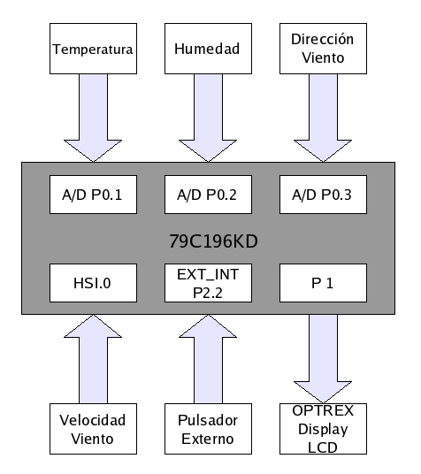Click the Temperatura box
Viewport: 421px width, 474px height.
(93, 49)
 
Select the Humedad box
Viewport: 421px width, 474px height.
(208, 49)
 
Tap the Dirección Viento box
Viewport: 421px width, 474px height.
(323, 49)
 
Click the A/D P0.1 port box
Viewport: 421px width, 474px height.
(93, 195)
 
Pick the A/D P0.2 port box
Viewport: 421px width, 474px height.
(208, 195)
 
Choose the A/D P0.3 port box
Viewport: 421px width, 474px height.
(323, 195)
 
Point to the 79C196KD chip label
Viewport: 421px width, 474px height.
(213, 241)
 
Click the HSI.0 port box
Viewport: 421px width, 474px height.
(93, 283)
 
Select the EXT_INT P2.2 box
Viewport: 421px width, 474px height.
(208, 283)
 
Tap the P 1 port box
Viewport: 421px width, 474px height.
(323, 283)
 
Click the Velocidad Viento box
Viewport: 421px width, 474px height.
(93, 429)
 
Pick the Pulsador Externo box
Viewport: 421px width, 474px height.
(208, 429)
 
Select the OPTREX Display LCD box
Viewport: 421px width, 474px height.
(323, 429)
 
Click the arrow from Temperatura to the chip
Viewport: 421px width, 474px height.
(93, 118)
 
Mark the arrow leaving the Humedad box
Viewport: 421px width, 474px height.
(208, 118)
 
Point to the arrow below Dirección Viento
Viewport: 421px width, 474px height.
(323, 118)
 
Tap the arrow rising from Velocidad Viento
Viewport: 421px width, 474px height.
(93, 359)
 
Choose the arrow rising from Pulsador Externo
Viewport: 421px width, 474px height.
(208, 359)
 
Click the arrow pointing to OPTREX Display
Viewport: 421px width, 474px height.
(323, 359)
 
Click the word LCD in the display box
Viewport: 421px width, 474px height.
(323, 447)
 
